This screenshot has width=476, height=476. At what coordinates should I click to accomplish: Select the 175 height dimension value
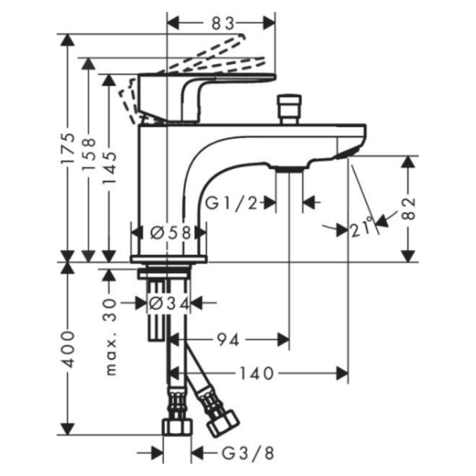pos(70,149)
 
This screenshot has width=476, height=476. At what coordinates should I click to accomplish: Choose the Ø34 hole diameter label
pos(168,303)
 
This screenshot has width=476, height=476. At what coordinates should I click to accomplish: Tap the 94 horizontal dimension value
pos(227,340)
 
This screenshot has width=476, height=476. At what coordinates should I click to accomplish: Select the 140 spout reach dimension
pos(257,373)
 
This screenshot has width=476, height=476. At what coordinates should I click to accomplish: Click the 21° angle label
pos(362,227)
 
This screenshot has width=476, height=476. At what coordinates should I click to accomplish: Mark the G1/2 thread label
pos(233,203)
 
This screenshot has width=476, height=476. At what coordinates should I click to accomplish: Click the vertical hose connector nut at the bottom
pos(177,427)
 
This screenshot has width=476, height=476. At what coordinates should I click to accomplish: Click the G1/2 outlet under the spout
pos(290,170)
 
